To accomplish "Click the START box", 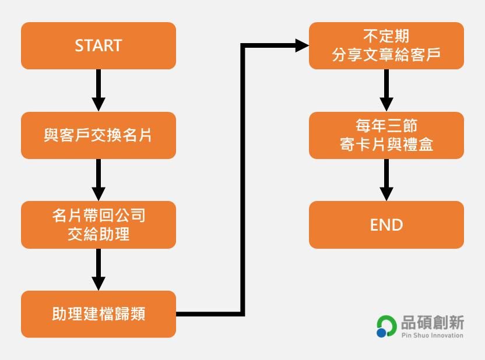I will click(98, 45).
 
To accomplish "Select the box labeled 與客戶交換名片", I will click(98, 135).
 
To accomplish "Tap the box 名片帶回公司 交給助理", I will click(98, 225).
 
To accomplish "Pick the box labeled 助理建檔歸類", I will click(98, 314).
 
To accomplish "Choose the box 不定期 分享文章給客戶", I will click(386, 45).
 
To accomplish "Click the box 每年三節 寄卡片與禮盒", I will click(386, 135).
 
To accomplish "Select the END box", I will click(386, 225).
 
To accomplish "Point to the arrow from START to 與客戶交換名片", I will click(99, 90).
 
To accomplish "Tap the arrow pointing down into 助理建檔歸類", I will click(99, 269).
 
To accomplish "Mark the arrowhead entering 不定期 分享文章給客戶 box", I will click(301, 45).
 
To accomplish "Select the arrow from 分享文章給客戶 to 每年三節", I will click(386, 90).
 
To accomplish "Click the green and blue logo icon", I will click(386, 326).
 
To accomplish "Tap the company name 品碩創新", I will click(432, 322).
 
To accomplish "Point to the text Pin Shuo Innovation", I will click(432, 335).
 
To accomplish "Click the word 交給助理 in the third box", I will click(98, 234).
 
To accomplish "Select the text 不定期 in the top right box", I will click(386, 36).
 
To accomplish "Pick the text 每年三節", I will click(386, 126).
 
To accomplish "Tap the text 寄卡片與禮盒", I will click(386, 144).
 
